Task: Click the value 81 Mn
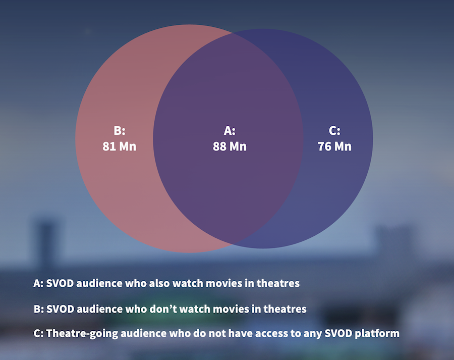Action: [119, 146]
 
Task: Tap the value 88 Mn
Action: [230, 146]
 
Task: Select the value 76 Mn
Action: [334, 146]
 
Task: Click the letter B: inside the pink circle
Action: [120, 131]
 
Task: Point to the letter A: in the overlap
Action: [230, 131]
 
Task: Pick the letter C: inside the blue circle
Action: [334, 131]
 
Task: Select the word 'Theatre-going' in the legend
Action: [82, 334]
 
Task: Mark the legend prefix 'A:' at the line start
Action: [38, 283]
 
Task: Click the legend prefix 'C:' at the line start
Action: [38, 333]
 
